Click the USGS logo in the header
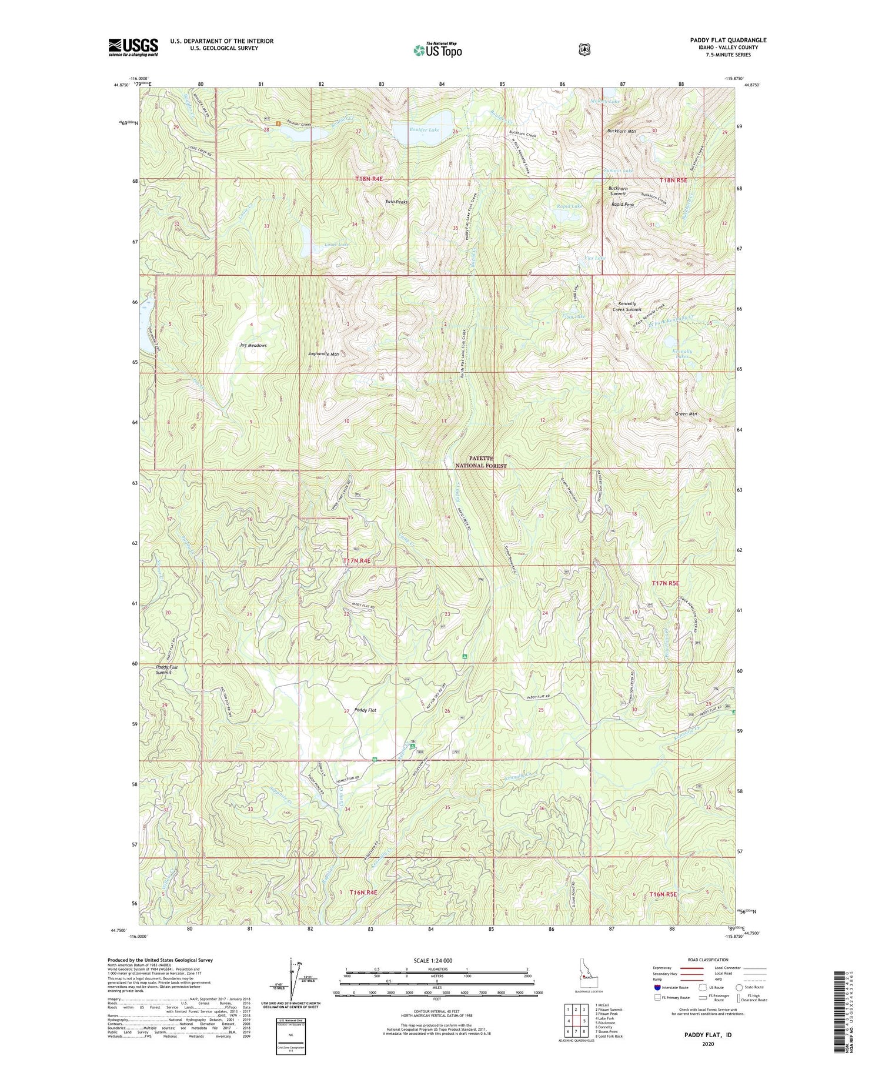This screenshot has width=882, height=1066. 133,47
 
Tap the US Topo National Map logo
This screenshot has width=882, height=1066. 437,50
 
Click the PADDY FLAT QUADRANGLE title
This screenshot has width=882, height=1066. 728,40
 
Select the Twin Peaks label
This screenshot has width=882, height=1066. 396,202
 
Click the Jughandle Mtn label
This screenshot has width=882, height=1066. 323,354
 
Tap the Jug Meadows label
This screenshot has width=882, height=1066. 253,345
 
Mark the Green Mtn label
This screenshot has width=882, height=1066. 686,414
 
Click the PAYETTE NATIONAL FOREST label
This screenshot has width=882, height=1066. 480,462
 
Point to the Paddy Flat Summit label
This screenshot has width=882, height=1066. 167,670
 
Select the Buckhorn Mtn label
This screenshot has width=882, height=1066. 621,131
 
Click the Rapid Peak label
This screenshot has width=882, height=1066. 622,204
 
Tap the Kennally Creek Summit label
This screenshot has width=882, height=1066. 626,306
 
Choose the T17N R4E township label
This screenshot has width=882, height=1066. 357,561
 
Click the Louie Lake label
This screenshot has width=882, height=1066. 336,244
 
